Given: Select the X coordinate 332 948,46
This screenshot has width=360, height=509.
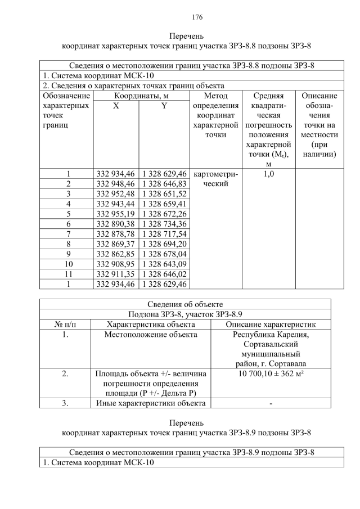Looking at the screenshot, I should click(x=115, y=183).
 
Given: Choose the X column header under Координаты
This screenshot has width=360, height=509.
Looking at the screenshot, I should click(x=115, y=106).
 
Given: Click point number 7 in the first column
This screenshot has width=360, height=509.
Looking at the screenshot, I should click(x=68, y=233).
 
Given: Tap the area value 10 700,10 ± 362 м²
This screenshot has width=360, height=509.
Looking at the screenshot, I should click(x=271, y=373).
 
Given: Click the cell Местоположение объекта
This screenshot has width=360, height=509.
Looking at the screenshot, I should click(x=151, y=335).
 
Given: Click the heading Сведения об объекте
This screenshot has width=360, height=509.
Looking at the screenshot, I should click(x=186, y=304).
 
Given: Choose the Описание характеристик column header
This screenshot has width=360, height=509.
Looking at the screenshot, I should click(x=271, y=325).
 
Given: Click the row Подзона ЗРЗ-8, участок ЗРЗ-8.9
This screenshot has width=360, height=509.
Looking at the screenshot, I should click(x=186, y=314).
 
